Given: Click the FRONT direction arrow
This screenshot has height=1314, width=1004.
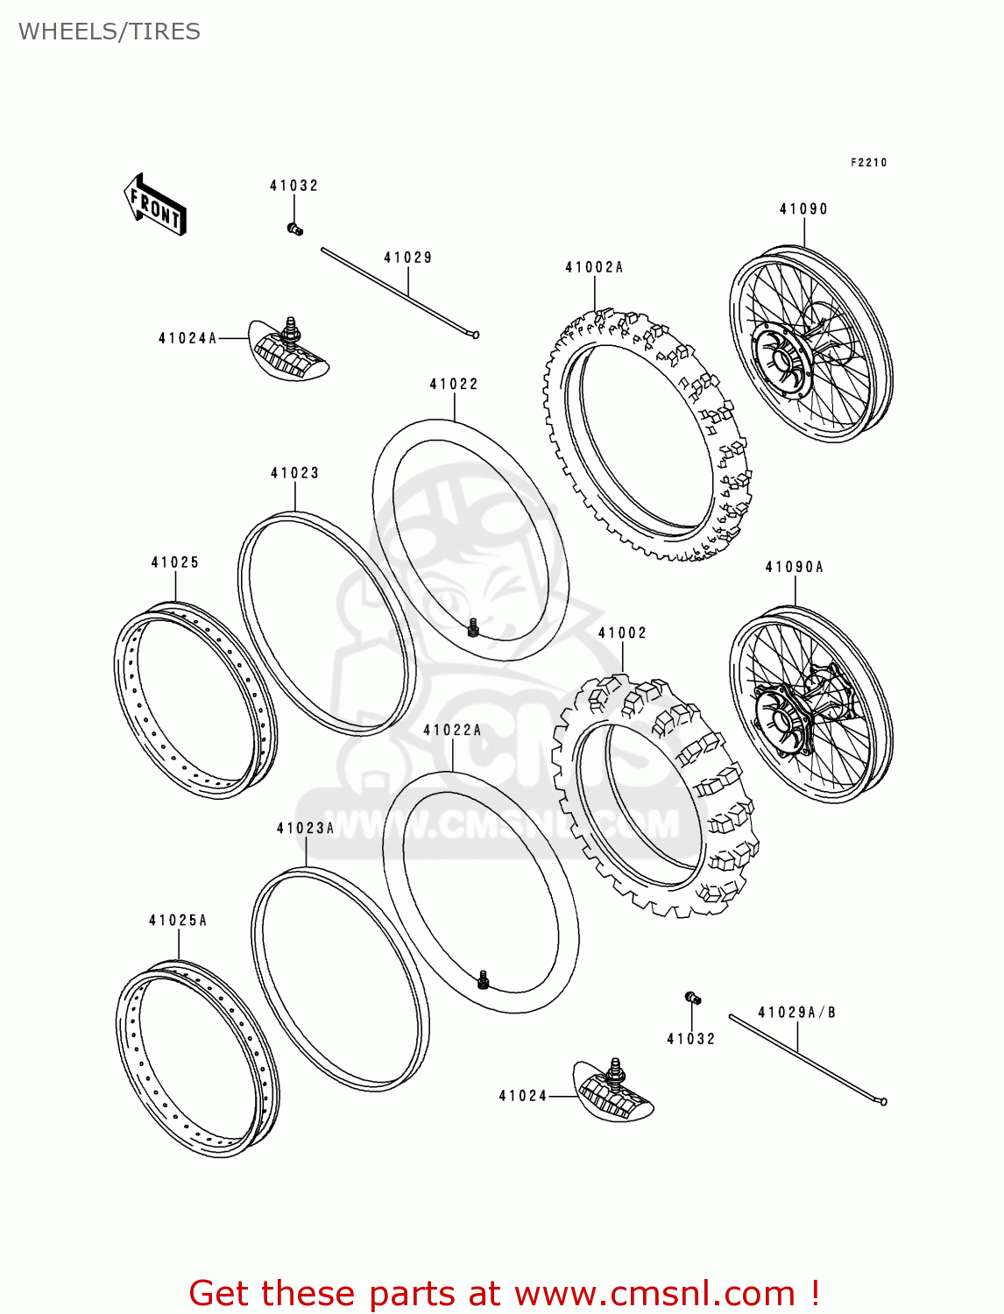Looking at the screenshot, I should (154, 205).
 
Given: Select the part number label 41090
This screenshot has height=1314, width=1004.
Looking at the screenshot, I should (803, 209).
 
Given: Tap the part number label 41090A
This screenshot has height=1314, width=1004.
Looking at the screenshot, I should (794, 568).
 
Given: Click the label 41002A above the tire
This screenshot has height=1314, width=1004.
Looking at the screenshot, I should (594, 268).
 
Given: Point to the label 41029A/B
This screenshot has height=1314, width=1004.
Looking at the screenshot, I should (796, 1013).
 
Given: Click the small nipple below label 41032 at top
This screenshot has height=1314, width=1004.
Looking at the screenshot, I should (294, 230).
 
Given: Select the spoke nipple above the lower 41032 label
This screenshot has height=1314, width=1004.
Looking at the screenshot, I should (692, 997).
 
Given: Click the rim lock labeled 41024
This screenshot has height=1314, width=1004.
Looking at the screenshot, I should (614, 1090).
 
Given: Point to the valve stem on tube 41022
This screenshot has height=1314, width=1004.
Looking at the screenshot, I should (473, 627).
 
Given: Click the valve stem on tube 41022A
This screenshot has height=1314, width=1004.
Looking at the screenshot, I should (483, 979).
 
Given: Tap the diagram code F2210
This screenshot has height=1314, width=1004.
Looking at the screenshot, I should (868, 163).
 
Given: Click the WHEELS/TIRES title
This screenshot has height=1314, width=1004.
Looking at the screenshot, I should (110, 32).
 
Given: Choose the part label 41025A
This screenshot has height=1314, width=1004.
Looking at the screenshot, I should (178, 921).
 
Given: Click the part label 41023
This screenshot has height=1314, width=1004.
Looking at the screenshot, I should (294, 474).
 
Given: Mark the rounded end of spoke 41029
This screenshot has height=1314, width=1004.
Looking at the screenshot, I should (475, 334).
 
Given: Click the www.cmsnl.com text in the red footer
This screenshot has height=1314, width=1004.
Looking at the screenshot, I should (654, 1294).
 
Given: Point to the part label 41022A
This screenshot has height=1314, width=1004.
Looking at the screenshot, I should (452, 731).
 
